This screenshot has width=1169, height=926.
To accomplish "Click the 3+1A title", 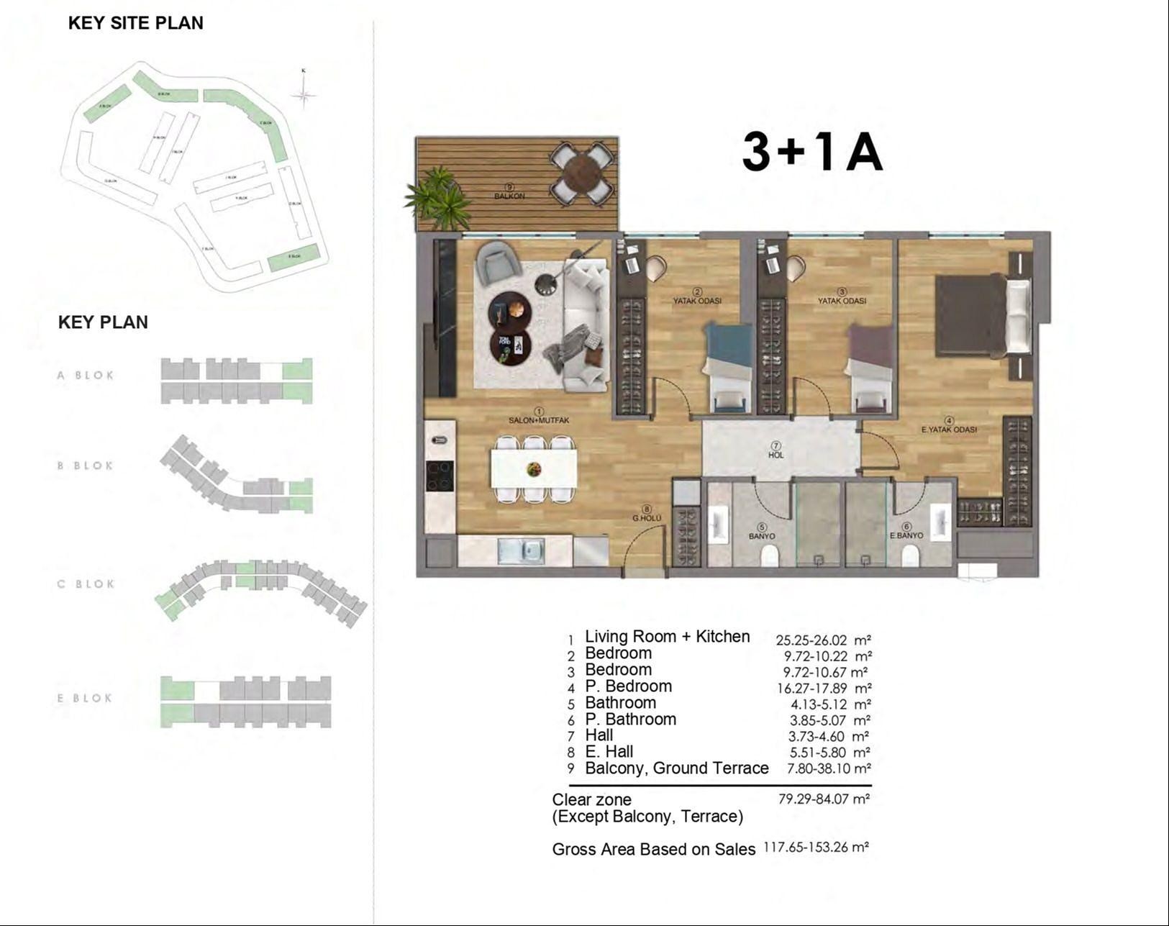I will tap(812, 153).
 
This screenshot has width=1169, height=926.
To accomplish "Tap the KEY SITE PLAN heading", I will tap(135, 23).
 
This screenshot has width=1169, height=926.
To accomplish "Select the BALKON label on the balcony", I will tap(509, 196).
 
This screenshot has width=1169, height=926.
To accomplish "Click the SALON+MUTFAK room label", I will tap(539, 419).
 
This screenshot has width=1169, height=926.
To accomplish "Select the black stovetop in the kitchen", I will tap(440, 476).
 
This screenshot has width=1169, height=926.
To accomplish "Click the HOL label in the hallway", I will tap(775, 455).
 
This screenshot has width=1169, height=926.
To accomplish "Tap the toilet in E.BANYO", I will tap(910, 555).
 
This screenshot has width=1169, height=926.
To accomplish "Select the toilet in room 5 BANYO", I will tap(769, 555).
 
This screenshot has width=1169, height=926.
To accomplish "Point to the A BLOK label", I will tap(86, 375).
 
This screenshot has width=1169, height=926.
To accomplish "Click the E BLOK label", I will tap(85, 698).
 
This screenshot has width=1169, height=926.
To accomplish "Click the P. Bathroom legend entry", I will tap(630, 720).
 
